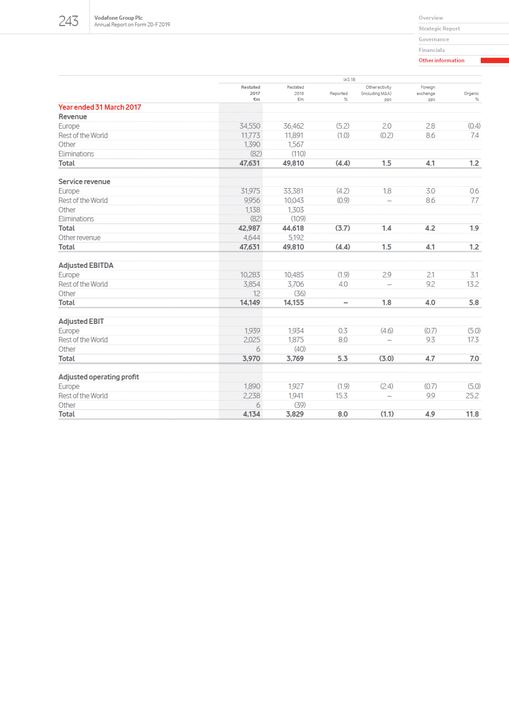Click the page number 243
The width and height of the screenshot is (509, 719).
tap(68, 21)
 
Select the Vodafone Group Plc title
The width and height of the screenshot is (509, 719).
tap(118, 18)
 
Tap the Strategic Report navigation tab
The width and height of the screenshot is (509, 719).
tap(439, 29)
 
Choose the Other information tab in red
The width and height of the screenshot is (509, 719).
tap(441, 61)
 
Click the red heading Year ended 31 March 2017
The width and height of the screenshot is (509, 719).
tap(99, 107)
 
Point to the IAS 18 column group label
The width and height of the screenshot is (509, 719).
tap(349, 80)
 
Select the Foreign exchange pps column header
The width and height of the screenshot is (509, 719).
tap(426, 93)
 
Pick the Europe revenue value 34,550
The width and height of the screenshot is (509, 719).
tap(249, 126)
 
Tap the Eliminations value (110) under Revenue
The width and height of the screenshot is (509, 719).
tap(298, 154)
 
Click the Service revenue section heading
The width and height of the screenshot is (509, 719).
tap(84, 182)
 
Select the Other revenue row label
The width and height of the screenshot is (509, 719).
tap(79, 238)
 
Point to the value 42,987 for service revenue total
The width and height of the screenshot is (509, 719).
tap(249, 228)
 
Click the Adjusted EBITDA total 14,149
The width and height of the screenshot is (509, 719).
tap(249, 303)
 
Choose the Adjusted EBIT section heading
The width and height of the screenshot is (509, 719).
tap(81, 321)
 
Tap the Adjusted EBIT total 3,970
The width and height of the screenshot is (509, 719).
tap(251, 359)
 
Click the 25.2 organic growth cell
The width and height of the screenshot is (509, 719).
tap(472, 396)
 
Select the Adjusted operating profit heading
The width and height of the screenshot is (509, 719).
tap(98, 377)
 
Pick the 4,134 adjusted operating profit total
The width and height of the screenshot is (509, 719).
tap(251, 414)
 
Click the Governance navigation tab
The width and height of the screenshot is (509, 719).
tap(433, 39)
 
